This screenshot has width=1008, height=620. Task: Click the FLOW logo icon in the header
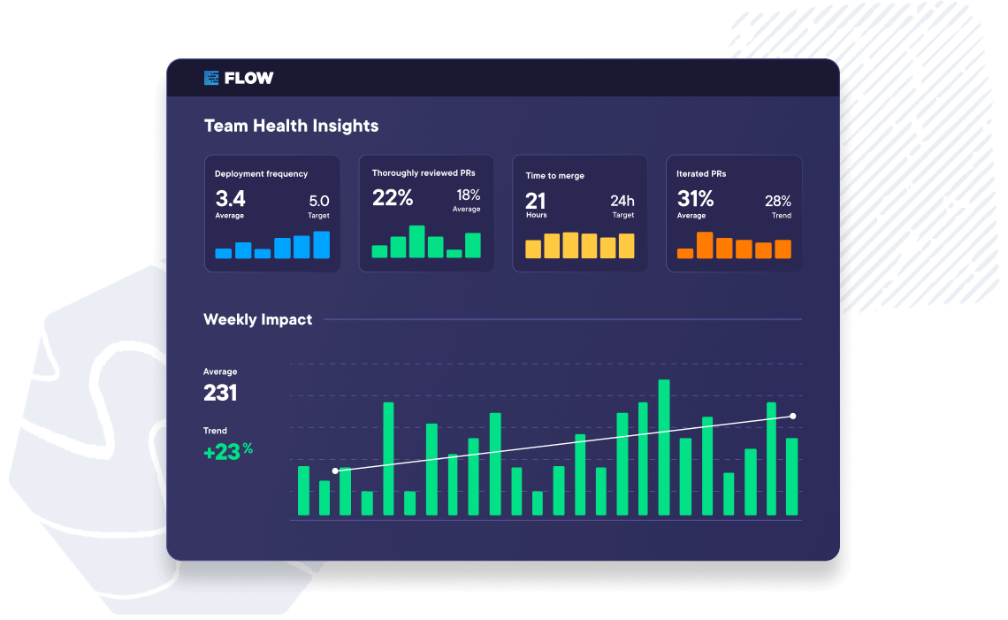211,78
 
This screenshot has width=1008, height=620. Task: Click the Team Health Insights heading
291,126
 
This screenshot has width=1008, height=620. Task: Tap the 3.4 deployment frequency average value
230,198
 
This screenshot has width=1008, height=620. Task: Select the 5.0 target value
318,201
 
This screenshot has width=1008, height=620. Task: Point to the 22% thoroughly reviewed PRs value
393,198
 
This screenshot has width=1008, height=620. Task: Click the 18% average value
468,195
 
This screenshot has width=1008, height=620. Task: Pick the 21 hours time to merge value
536,200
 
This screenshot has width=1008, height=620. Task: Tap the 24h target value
622,201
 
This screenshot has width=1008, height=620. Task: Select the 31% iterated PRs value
695,198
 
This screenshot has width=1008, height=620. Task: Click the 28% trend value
778,201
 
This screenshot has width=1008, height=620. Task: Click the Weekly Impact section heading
257,319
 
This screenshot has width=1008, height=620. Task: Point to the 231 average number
220,393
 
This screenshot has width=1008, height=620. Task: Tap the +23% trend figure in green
227,452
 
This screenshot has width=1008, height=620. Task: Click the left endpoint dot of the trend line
335,471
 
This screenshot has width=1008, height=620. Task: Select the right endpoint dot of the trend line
792,416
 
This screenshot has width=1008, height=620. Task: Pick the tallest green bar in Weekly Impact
664,448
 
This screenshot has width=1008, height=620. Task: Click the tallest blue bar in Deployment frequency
321,245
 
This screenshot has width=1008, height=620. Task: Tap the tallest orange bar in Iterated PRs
705,245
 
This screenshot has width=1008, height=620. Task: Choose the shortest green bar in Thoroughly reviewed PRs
454,254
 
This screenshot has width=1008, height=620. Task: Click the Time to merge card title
554,176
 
